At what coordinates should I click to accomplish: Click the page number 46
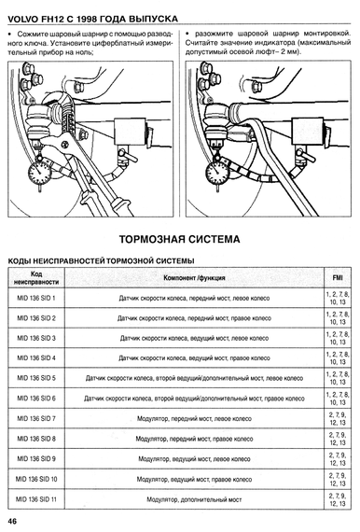(x=12, y=522)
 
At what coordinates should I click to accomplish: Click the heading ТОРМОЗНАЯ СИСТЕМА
(x=179, y=239)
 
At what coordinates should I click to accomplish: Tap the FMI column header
(x=338, y=278)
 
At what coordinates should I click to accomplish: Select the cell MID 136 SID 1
(x=36, y=299)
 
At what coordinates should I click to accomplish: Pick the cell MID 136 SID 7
(x=36, y=419)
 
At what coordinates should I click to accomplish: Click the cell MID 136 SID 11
(x=36, y=499)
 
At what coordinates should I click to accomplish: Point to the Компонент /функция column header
(x=194, y=278)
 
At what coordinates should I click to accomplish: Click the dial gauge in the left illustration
(x=41, y=173)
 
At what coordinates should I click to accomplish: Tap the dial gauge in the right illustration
(x=217, y=173)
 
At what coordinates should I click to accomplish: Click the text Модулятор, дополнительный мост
(x=194, y=499)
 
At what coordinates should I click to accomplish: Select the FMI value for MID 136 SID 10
(x=338, y=480)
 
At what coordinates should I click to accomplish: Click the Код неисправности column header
(x=36, y=278)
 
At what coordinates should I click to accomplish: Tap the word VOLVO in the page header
(x=22, y=20)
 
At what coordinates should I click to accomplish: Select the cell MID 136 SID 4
(x=36, y=358)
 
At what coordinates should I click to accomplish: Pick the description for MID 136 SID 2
(x=194, y=318)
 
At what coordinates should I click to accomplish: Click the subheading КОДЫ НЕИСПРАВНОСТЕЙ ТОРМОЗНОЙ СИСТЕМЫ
(x=101, y=261)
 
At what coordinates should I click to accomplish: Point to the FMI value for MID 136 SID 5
(x=338, y=378)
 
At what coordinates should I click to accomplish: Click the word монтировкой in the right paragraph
(x=327, y=34)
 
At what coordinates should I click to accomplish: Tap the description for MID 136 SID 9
(x=194, y=459)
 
